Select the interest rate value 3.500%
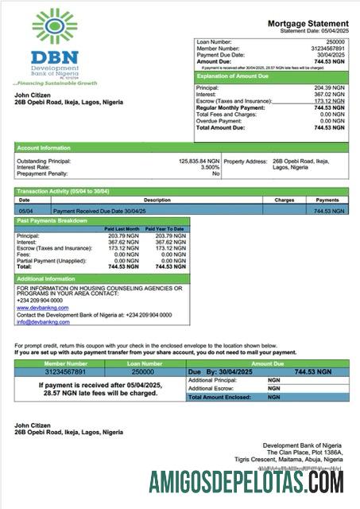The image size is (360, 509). (x=210, y=168)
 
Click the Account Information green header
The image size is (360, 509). (x=39, y=148)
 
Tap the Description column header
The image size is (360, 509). (x=157, y=200)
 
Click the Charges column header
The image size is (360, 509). (x=285, y=200)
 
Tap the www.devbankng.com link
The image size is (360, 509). (x=40, y=307)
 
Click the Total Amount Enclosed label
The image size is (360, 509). (x=220, y=396)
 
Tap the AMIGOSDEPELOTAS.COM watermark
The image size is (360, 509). (x=246, y=481)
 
